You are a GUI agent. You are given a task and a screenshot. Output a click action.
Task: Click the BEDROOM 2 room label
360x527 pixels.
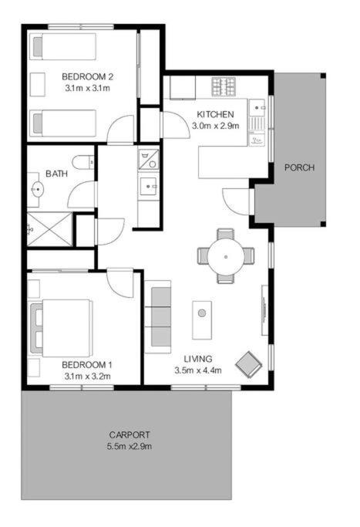point(87,76)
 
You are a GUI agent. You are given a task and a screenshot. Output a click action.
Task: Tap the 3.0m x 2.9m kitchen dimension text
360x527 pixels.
point(215,126)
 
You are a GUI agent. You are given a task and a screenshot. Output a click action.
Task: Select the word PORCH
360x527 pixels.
point(300,167)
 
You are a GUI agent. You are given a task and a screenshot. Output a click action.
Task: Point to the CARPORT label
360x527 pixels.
point(130,434)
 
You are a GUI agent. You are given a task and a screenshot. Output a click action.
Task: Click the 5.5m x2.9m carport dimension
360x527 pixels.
point(130,446)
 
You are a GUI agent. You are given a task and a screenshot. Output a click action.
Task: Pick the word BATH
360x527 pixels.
point(56,174)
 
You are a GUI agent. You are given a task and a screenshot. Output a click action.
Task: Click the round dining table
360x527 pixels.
point(226,257)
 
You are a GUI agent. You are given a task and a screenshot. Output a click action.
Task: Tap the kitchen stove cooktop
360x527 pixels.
point(223,86)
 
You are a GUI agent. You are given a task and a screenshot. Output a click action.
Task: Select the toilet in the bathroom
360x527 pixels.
point(83,162)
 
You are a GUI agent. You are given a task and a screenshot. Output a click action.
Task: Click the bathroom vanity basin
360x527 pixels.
point(37,190)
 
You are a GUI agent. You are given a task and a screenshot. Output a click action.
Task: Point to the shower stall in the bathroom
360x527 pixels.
point(49,228)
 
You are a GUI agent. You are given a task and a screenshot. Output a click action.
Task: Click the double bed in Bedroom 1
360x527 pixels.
point(61,328)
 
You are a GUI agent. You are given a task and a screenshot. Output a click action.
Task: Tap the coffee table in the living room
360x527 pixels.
point(202,320)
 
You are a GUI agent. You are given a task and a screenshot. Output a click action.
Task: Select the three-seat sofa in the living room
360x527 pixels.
point(158,316)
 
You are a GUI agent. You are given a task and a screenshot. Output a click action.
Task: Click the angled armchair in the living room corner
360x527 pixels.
point(249,365)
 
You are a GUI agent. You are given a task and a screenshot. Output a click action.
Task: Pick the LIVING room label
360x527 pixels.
point(198,359)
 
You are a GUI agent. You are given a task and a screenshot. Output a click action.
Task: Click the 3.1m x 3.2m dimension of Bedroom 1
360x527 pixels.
point(88,377)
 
